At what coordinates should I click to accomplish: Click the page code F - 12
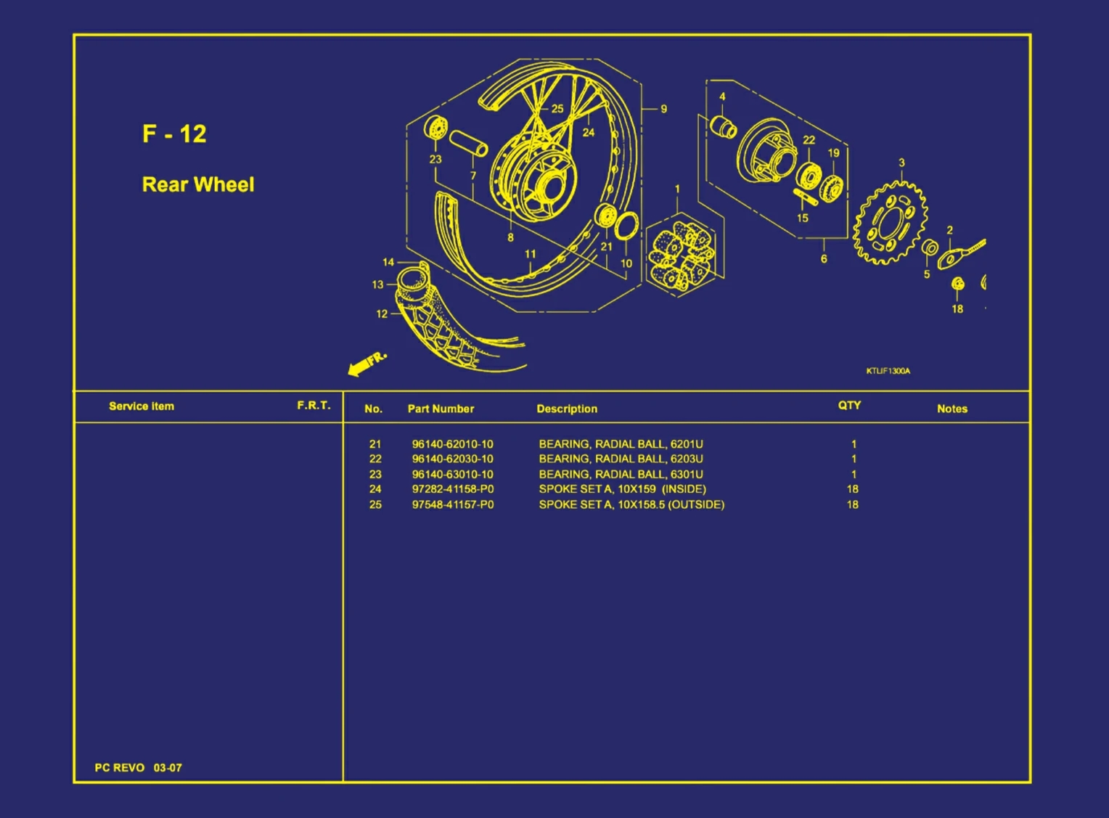click(174, 134)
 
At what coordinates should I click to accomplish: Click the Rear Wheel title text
click(197, 184)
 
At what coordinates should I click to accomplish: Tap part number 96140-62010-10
click(452, 444)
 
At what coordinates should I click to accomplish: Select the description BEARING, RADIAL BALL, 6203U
click(621, 459)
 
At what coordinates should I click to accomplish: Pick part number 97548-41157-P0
click(452, 504)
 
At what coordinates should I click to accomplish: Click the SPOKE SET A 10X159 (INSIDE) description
click(622, 489)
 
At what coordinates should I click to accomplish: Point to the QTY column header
click(849, 405)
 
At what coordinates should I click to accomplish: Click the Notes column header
click(952, 409)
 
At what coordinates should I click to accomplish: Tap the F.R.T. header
click(313, 405)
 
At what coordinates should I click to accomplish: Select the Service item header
click(142, 406)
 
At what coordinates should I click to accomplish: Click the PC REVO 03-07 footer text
click(138, 767)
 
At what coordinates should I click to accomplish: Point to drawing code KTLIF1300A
click(888, 371)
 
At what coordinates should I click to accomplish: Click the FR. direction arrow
click(367, 363)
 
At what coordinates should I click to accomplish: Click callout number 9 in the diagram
click(663, 109)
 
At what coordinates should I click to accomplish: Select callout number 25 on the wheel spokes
click(557, 109)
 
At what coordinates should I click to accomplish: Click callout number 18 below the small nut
click(957, 308)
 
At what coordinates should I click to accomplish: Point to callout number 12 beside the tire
click(382, 314)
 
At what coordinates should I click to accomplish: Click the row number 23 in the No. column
click(375, 474)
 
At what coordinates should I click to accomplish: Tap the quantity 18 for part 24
click(852, 489)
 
